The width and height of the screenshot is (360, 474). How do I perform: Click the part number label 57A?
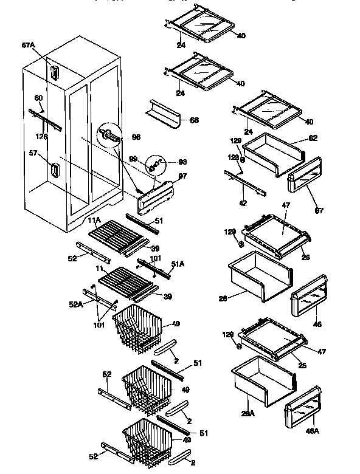(29, 45)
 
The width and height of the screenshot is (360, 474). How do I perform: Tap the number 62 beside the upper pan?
(313, 138)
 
